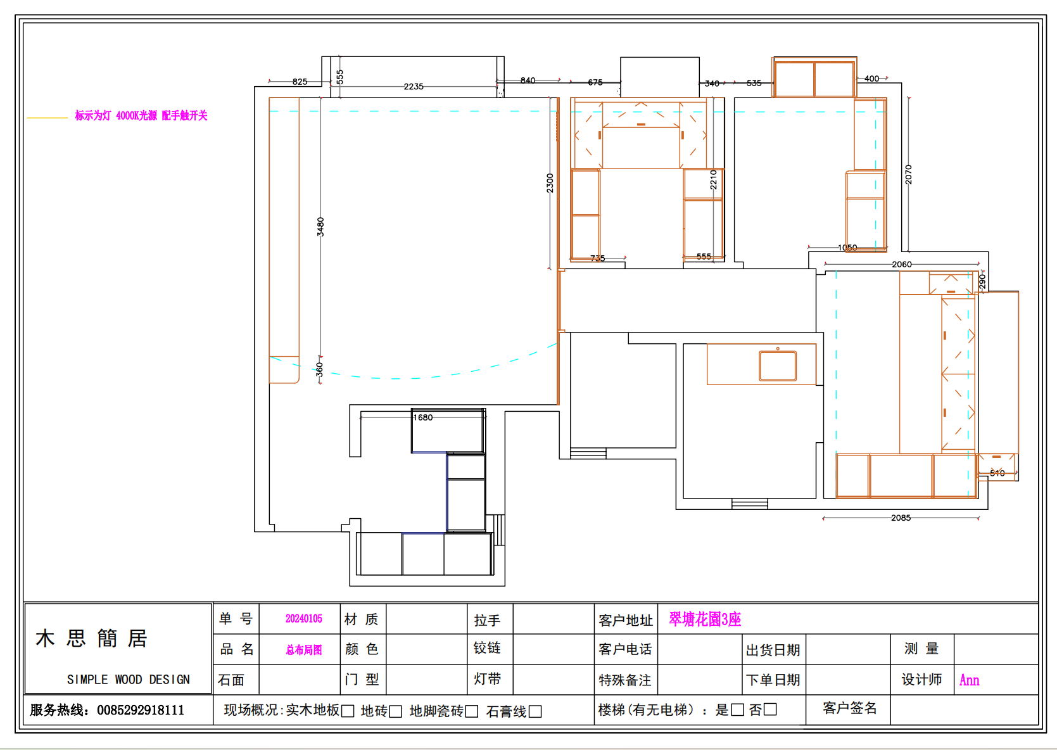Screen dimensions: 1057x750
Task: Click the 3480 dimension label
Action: tap(320, 227)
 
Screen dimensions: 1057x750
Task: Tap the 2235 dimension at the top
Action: tap(414, 86)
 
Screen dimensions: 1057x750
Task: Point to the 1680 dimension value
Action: tap(423, 417)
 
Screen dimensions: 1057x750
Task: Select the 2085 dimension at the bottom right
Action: tap(901, 518)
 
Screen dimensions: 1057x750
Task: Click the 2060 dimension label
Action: tap(902, 264)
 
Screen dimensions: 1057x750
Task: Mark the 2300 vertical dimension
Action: tap(550, 183)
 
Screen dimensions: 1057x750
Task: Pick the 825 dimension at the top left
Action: tap(300, 82)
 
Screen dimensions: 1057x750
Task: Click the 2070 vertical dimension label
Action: tap(908, 175)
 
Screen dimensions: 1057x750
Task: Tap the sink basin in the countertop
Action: tap(778, 365)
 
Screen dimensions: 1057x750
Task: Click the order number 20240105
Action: tap(303, 619)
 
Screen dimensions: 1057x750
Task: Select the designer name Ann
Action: tap(969, 680)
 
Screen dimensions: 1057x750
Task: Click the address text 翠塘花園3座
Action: tap(705, 620)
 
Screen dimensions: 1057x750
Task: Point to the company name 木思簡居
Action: tap(92, 638)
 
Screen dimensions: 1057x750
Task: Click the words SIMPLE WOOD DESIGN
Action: tap(129, 679)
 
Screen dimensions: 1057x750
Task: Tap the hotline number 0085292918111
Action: tap(141, 710)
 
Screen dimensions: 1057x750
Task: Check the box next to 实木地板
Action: tap(348, 711)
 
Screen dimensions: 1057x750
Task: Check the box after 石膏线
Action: tap(535, 711)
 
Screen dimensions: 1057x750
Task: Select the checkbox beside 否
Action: tap(770, 709)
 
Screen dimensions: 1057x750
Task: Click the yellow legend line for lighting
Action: tap(47, 118)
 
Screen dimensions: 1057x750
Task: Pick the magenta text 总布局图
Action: tap(303, 650)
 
